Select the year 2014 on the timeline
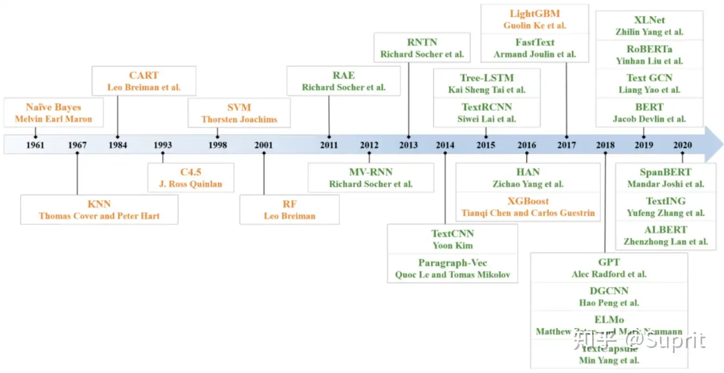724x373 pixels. coord(445,145)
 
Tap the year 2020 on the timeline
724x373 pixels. coord(682,145)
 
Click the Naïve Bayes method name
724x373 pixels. coord(53,107)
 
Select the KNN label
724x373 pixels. coord(99,204)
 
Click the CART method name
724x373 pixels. coord(144,75)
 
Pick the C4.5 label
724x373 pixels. coord(191,172)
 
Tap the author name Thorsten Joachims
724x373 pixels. coord(239,119)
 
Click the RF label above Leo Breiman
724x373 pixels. coord(289,204)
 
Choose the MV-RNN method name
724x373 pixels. coord(371,172)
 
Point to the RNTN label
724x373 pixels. coord(422,42)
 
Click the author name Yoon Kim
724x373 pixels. coord(453,246)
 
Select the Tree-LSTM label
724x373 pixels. coord(486,78)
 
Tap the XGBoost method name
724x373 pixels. coord(528,201)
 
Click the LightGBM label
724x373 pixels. coord(535,14)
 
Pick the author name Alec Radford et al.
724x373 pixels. coord(609,274)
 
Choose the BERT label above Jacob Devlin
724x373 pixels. coord(649,107)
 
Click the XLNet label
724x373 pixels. coord(649,20)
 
